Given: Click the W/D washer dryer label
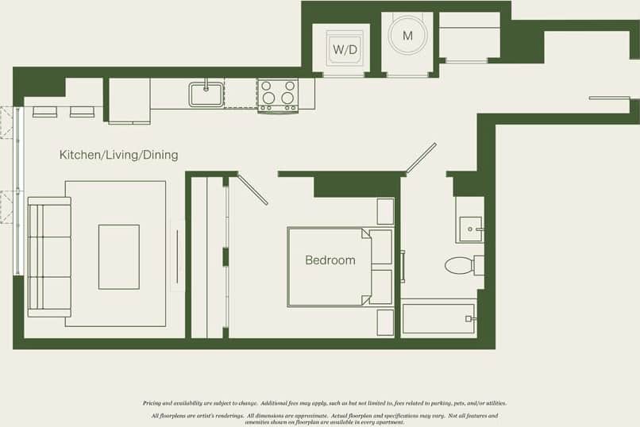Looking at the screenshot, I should click(345, 49).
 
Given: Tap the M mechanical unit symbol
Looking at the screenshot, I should click(407, 36).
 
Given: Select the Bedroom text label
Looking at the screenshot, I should click(330, 260).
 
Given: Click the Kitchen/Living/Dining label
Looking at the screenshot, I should click(118, 155).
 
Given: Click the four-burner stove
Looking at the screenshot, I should click(277, 94).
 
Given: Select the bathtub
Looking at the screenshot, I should click(438, 319).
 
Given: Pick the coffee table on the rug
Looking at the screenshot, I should click(118, 256).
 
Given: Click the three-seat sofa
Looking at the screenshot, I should click(48, 256).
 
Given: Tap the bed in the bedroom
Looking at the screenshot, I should click(330, 267).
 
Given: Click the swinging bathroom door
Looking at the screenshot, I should click(421, 157).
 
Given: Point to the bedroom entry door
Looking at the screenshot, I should click(253, 190).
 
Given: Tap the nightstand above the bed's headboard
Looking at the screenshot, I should click(385, 211).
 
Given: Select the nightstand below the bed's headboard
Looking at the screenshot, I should click(385, 322).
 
